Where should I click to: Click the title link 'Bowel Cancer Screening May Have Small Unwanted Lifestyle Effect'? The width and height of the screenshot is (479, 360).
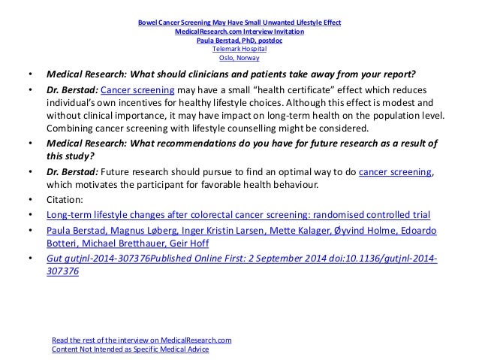click(x=239, y=23)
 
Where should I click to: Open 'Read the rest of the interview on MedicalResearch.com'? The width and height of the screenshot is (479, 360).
click(x=142, y=340)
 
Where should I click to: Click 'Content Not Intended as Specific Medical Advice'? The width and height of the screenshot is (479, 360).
click(x=130, y=349)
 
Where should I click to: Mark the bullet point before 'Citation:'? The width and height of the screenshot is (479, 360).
click(x=29, y=200)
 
